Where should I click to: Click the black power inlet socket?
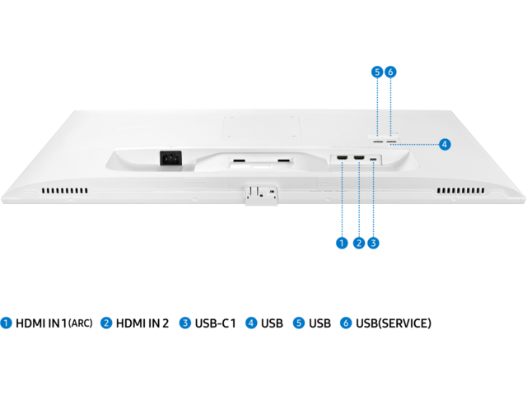click(x=170, y=158)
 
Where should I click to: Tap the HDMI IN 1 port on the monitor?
click(x=343, y=157)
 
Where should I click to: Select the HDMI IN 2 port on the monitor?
click(x=359, y=157)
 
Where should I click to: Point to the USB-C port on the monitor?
click(x=373, y=159)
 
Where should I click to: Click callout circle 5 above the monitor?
click(x=377, y=72)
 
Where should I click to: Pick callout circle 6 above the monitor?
click(x=390, y=72)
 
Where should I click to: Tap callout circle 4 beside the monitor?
click(x=445, y=145)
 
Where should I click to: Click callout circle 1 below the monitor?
click(x=342, y=243)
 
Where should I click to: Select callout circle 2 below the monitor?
click(x=359, y=243)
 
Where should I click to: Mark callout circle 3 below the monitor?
click(x=373, y=243)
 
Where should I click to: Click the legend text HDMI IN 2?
click(x=142, y=323)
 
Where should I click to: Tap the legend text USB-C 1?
click(x=215, y=323)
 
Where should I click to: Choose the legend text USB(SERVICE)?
click(x=394, y=323)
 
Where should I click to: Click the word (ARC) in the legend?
click(x=81, y=323)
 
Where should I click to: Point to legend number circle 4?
click(x=251, y=323)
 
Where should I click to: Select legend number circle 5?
click(x=299, y=323)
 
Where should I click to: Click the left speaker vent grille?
click(x=64, y=191)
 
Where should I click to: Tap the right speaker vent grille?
click(x=461, y=191)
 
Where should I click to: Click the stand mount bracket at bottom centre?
click(x=262, y=195)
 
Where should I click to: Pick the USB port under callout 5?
click(x=378, y=142)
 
